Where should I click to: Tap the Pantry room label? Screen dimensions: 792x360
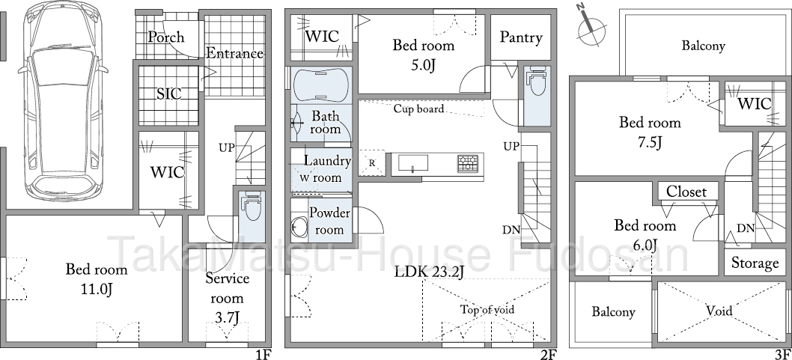[x=521, y=37]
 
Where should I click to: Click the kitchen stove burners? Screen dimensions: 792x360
[x=468, y=164]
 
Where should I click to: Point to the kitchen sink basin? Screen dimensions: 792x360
[x=413, y=163]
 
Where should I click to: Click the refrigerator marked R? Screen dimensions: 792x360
[x=372, y=163]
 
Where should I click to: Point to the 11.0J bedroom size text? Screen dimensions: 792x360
[x=97, y=290]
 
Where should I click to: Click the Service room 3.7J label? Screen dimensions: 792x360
[x=228, y=297]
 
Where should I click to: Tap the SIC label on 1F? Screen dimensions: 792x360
[x=168, y=94]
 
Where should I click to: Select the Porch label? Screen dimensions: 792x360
[x=166, y=37]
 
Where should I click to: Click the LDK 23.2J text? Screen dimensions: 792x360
[x=430, y=272]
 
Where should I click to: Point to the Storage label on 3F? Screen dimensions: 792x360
[x=755, y=263]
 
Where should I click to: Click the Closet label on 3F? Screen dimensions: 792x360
[x=686, y=192]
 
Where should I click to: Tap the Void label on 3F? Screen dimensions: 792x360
[x=719, y=310]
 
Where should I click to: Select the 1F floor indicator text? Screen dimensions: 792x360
[x=264, y=355]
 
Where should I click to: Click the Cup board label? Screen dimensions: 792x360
[x=418, y=109]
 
